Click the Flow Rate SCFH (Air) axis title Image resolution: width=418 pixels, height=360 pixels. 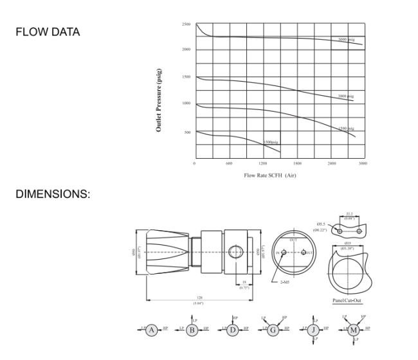point(269,174)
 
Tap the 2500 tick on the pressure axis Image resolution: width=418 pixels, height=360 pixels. point(186,24)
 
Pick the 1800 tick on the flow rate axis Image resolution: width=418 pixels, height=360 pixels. point(296,164)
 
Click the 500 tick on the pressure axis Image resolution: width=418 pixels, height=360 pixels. point(188,132)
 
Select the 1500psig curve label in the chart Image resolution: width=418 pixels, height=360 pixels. point(271,141)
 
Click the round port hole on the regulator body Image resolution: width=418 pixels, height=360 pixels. point(234,253)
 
